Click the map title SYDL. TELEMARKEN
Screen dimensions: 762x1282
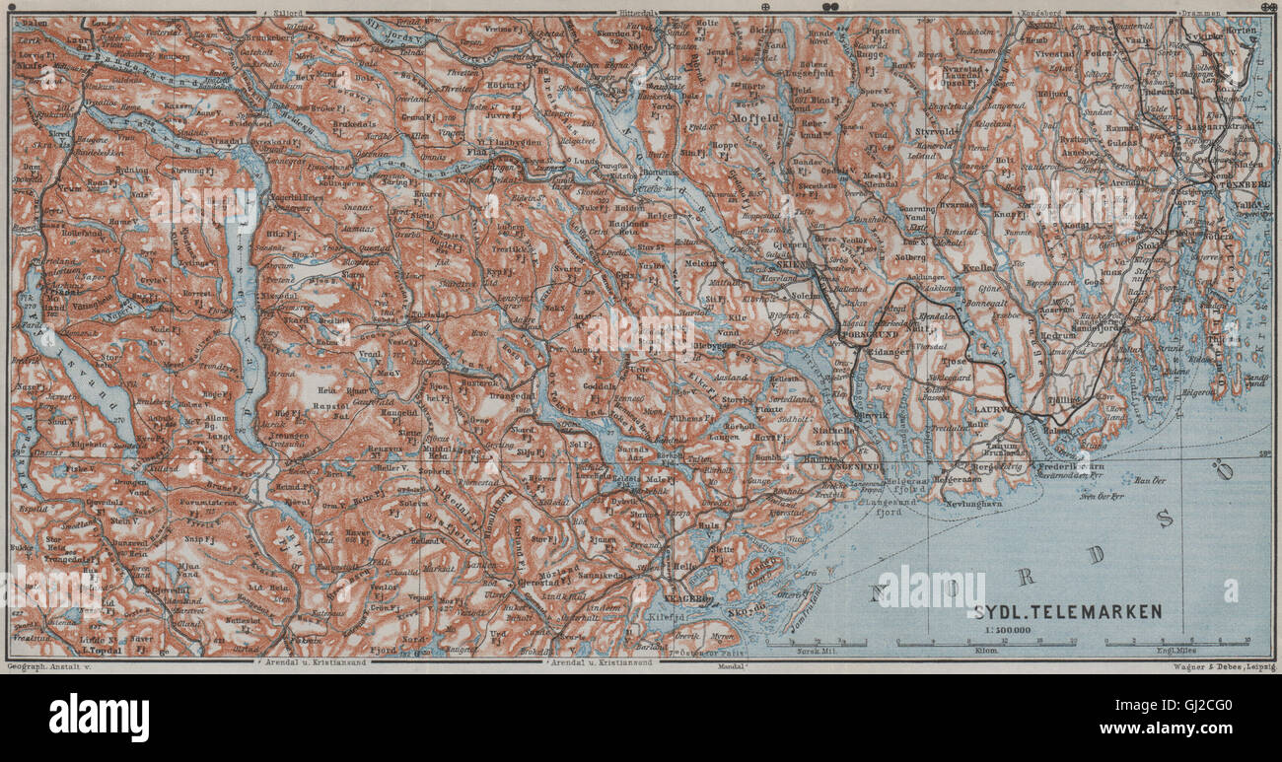[1069, 611]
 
